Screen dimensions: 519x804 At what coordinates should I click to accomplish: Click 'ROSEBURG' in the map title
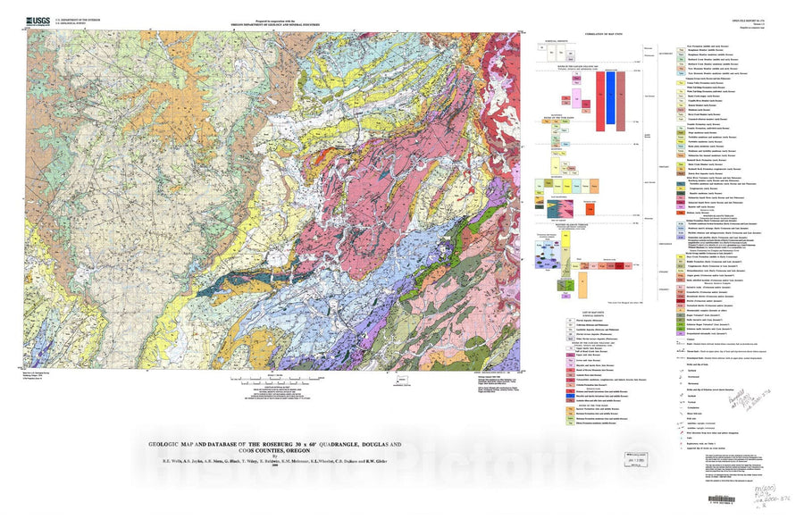point(272,444)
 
